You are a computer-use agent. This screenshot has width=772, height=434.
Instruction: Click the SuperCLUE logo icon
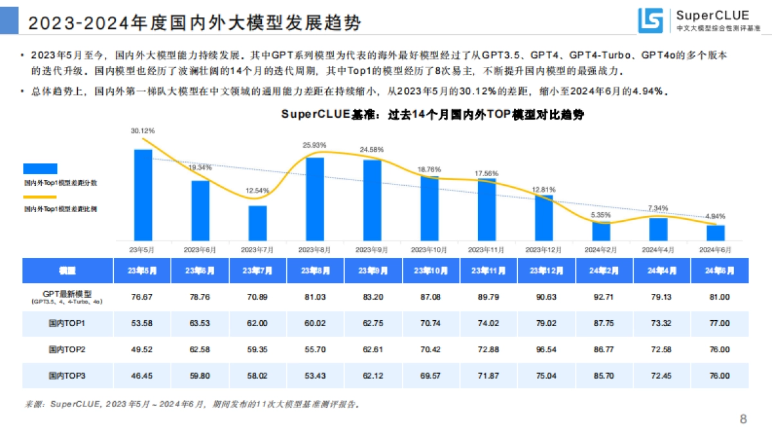(650, 21)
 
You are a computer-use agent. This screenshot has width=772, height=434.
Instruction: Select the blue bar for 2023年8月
(315, 199)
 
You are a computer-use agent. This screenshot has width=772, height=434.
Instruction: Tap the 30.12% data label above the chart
(143, 131)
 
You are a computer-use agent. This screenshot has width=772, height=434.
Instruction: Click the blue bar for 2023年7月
(257, 223)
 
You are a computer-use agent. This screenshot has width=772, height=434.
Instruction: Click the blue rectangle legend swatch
(41, 168)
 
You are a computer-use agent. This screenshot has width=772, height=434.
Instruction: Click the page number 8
(743, 420)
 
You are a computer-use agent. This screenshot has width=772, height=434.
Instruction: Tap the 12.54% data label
(257, 191)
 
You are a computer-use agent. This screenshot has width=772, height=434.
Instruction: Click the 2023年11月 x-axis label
(487, 249)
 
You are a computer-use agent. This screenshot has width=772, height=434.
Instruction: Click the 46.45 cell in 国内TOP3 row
(142, 375)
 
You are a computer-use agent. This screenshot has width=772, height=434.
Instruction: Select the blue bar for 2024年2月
(602, 231)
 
